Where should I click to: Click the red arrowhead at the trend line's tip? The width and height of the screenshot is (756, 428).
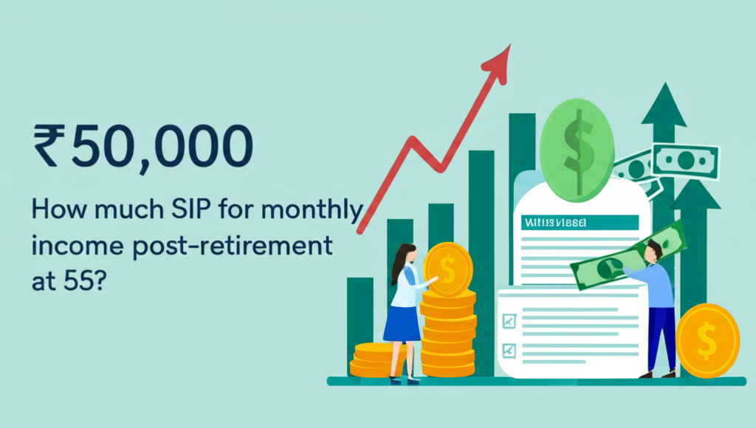tap(501, 59)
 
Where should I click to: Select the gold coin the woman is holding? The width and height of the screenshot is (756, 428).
tap(447, 269)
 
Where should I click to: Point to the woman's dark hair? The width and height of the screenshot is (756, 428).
tap(398, 262)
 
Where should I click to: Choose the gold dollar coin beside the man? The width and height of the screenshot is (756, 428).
tap(707, 340)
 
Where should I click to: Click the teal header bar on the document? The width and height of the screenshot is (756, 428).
tap(579, 222)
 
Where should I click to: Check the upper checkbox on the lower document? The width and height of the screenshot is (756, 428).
tap(508, 321)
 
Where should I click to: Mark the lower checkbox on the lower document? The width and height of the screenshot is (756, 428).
tap(508, 349)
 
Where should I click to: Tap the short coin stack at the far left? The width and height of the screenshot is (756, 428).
tap(374, 359)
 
